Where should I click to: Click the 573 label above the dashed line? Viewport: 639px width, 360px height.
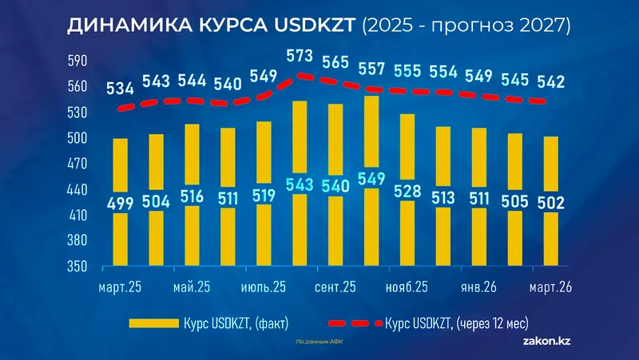click(x=301, y=57)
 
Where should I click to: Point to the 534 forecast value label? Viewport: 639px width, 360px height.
click(x=121, y=88)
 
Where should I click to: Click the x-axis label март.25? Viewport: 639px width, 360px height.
click(x=119, y=287)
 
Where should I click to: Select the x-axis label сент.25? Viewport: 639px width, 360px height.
click(x=335, y=287)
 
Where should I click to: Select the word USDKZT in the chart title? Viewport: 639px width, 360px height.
click(x=316, y=26)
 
